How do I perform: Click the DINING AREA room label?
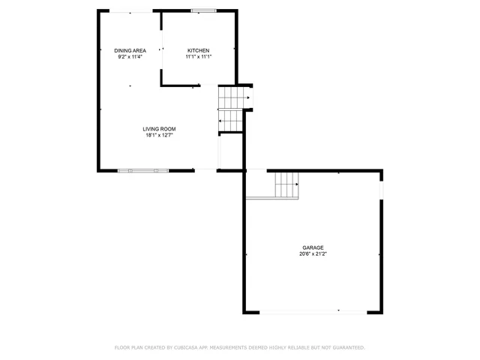[130, 50]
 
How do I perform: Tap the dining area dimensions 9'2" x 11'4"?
[130, 56]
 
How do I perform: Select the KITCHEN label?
[199, 50]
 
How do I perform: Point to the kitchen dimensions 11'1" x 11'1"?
[199, 56]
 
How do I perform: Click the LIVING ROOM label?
[159, 129]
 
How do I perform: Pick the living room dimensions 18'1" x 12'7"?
[159, 135]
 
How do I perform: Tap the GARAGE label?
[313, 247]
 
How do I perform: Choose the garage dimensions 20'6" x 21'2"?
[313, 253]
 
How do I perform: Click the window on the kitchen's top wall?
[200, 10]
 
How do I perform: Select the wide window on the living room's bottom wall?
[142, 171]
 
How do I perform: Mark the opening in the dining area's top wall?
[131, 10]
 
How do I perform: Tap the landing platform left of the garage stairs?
[259, 184]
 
